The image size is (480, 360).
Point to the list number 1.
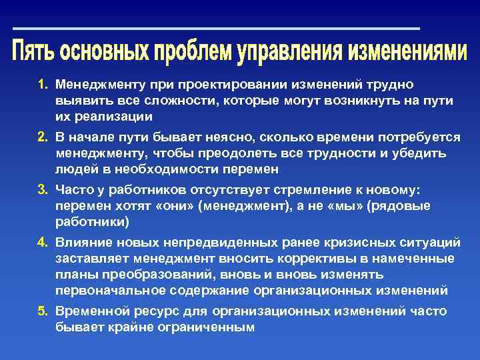(x=43, y=85)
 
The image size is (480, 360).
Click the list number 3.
(x=43, y=189)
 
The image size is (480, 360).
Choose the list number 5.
(x=43, y=311)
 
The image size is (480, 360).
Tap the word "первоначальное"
(x=103, y=291)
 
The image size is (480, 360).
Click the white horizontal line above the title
(x=217, y=29)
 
